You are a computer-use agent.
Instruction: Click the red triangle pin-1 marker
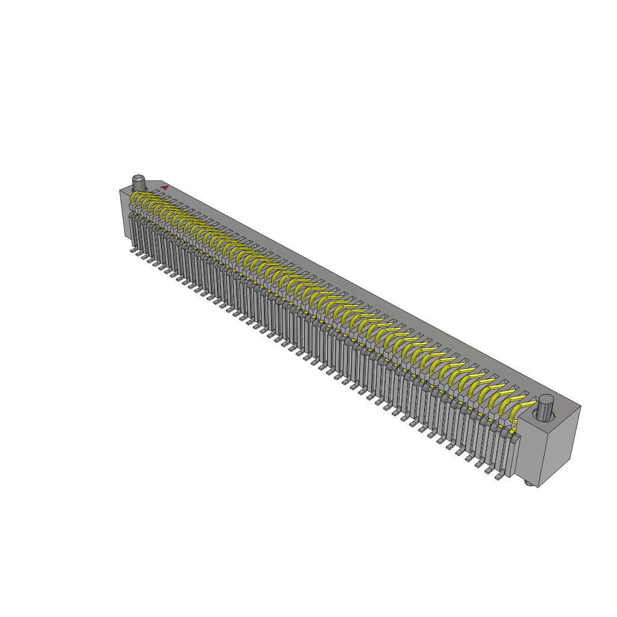(x=164, y=187)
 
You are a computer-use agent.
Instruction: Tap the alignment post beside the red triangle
(x=139, y=182)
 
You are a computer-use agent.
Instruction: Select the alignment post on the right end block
(x=546, y=407)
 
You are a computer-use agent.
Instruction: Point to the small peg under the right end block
(x=528, y=484)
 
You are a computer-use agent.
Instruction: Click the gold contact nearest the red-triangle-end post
(x=137, y=199)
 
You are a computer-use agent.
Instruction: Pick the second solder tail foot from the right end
(x=490, y=470)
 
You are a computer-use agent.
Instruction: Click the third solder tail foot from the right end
(x=481, y=465)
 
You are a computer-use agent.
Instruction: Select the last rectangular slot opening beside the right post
(x=525, y=398)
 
